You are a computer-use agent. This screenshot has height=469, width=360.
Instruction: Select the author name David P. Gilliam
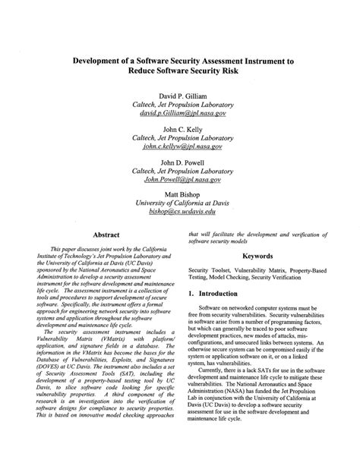click(x=186, y=96)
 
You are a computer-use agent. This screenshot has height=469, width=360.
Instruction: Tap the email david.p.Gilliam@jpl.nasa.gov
click(x=186, y=112)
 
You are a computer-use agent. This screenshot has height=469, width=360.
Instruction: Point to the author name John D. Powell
click(x=186, y=162)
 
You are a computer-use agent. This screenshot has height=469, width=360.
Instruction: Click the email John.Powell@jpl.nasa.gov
click(x=186, y=179)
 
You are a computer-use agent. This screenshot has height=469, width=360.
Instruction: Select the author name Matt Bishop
click(x=186, y=196)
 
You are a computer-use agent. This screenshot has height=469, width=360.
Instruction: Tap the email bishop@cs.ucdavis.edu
click(x=186, y=212)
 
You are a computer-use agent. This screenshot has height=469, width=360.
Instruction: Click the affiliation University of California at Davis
click(x=186, y=204)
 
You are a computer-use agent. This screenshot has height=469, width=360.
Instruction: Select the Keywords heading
click(x=257, y=257)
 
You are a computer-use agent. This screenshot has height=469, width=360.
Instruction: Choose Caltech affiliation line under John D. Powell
click(x=186, y=171)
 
